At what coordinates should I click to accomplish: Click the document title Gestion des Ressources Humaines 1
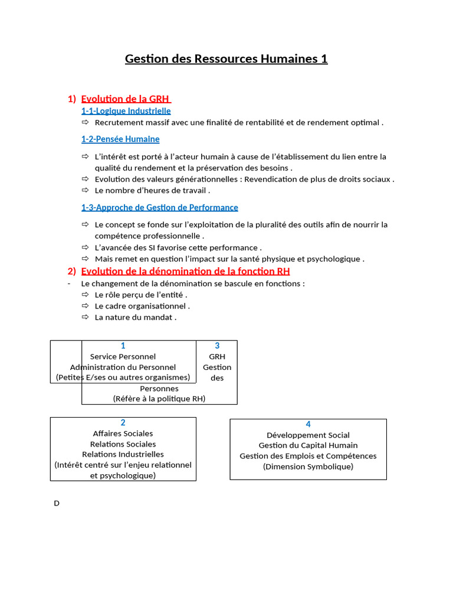tap(226, 59)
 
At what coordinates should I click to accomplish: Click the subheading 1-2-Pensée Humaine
tap(120, 139)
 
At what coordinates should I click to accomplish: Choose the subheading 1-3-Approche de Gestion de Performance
tap(159, 208)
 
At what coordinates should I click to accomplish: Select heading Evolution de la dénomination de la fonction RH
tap(185, 271)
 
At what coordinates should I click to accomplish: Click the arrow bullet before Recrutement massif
tap(85, 123)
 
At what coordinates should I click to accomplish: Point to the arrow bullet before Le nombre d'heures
tap(85, 191)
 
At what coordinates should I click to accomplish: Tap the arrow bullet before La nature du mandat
tap(85, 317)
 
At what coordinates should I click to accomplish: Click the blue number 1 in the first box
tap(123, 346)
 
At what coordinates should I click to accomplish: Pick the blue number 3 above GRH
tap(217, 346)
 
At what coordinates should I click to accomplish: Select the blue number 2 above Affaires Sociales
tap(123, 423)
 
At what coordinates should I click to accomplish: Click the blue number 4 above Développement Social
tap(308, 425)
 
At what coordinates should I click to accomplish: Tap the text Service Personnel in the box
tap(123, 357)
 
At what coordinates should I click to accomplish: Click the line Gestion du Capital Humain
tap(308, 445)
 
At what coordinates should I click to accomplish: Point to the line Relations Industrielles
tap(123, 455)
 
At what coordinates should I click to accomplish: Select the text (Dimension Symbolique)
tap(308, 467)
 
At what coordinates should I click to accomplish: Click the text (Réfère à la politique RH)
tap(159, 399)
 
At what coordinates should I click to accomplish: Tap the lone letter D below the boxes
tap(57, 504)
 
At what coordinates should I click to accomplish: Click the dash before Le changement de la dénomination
tap(69, 284)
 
